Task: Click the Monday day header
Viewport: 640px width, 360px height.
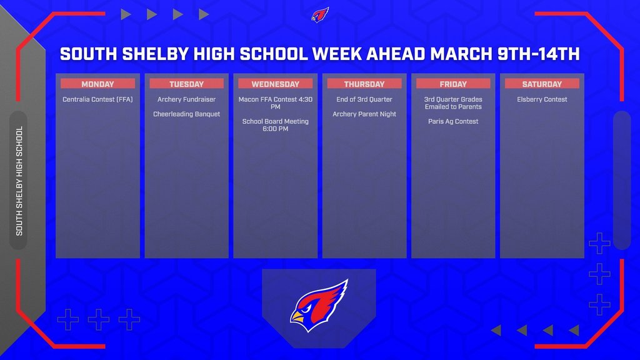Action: coord(97,84)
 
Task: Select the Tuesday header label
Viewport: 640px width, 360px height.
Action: coord(186,84)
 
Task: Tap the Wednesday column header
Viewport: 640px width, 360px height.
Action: coord(276,84)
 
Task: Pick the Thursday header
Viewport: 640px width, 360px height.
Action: coord(364,84)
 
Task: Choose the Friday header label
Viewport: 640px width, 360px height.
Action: coord(453,84)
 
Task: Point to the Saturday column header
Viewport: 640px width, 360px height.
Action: coord(542,84)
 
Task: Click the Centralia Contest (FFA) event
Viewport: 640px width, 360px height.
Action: coord(97,99)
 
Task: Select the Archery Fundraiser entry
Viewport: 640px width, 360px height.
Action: coord(186,99)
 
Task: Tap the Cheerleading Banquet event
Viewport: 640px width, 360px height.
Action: coord(186,114)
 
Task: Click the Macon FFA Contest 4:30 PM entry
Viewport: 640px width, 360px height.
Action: coord(276,103)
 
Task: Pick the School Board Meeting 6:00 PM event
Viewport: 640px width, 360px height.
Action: coord(276,125)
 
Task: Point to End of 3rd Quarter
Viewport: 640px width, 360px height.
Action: coord(364,99)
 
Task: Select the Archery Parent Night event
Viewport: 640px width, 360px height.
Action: coord(364,114)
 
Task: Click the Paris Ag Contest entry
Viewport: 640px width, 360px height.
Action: coord(453,121)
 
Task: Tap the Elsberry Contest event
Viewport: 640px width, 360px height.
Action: coord(542,99)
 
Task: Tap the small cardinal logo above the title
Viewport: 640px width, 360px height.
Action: coord(320,15)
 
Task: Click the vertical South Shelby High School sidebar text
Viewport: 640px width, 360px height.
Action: coord(19,181)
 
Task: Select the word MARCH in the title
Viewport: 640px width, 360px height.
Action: coord(461,54)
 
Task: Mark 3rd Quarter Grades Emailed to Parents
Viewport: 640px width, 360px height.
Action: coord(453,103)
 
